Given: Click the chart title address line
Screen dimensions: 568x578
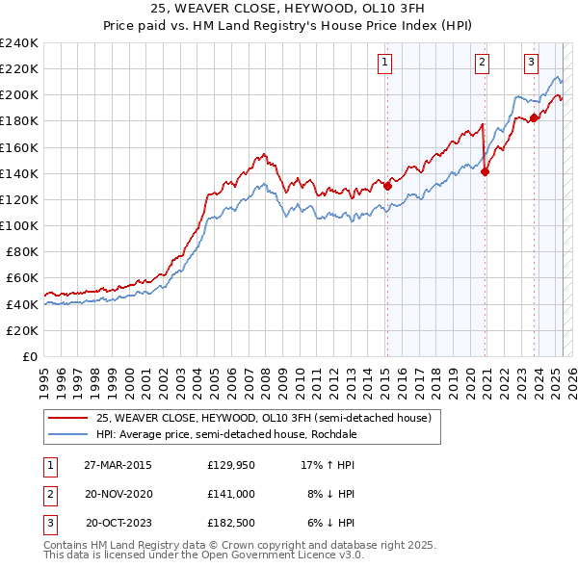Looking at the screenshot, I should pos(288,9).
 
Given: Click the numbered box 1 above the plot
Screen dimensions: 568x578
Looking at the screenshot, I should pos(384,64).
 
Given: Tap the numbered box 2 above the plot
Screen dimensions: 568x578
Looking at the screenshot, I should pos(482,64).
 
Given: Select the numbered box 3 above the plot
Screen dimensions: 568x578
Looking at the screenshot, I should pos(531,64).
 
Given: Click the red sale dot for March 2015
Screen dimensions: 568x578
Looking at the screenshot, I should pos(387,186).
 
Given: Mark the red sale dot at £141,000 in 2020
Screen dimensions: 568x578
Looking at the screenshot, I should pos(485,172).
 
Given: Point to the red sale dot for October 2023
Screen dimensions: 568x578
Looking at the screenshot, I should pos(534,118).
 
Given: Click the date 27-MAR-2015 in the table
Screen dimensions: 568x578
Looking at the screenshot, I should pos(118,465).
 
